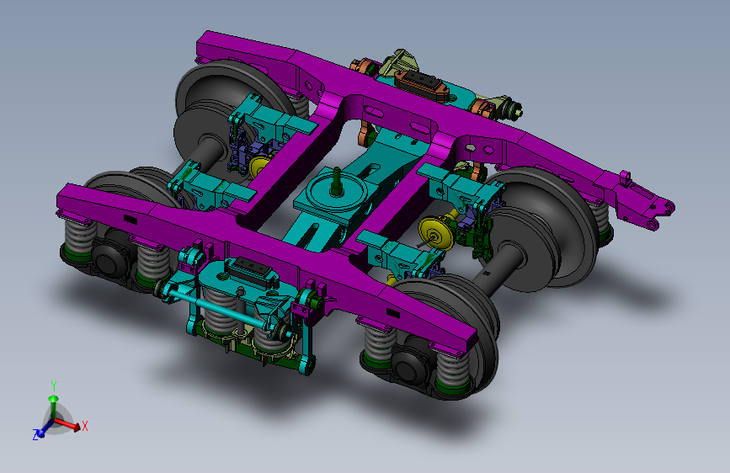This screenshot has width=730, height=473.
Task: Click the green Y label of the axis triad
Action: click(54, 386)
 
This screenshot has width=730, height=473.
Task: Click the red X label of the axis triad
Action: click(85, 426)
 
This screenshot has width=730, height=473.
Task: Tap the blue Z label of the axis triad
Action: click(35, 435)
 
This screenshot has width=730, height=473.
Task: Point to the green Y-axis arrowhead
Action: click(54, 399)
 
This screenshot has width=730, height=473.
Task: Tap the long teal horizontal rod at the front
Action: click(228, 311)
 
